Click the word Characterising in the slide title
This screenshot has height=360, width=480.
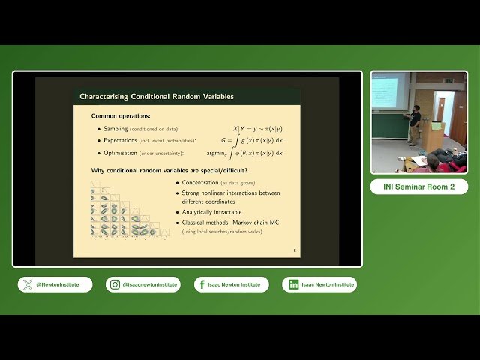pos(103,96)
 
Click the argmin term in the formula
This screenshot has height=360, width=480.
pos(218,153)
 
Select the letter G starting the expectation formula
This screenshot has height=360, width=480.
pos(223,140)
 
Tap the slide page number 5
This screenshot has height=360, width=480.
pos(294,250)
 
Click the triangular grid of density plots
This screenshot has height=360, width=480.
pos(124,214)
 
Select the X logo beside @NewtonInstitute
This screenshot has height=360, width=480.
pos(28,284)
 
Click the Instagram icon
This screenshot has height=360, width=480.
pos(115,284)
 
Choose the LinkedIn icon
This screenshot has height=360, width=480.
pos(293,284)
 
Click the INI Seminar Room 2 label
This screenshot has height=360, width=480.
pos(418,187)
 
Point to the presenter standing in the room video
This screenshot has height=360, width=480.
pos(415,124)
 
